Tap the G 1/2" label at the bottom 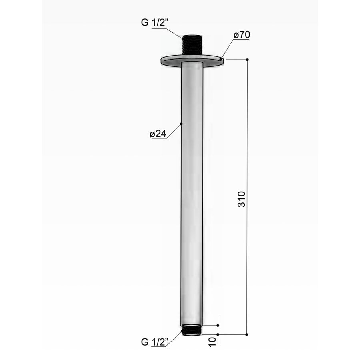154,342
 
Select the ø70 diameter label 242,35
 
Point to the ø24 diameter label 158,134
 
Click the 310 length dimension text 242,199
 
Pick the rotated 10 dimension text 213,341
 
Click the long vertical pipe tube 192,192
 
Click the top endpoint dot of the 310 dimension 247,60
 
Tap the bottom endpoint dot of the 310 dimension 247,334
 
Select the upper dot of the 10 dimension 218,326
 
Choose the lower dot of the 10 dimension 218,334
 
